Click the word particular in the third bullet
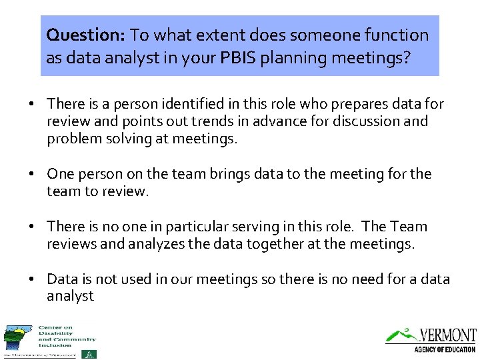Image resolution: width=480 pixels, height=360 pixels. pyautogui.click(x=207, y=227)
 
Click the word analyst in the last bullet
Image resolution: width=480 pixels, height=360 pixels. pyautogui.click(x=71, y=296)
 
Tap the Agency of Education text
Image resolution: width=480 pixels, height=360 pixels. pyautogui.click(x=444, y=349)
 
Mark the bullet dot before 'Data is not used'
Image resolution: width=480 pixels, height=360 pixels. pyautogui.click(x=31, y=279)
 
